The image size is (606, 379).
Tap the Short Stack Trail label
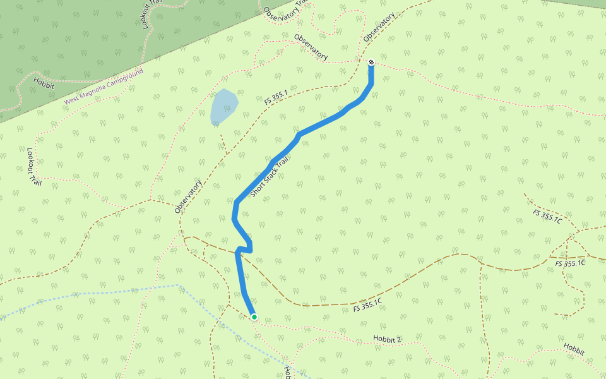(x=273, y=174)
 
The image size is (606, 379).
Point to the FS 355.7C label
(x=547, y=216)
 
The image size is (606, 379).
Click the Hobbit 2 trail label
(x=387, y=340)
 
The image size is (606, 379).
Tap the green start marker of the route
(x=254, y=317)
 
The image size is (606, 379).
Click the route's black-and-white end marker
(x=371, y=62)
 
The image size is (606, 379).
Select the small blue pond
(x=224, y=105)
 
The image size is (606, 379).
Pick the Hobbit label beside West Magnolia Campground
(x=44, y=81)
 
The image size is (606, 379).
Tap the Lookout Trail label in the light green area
(x=34, y=167)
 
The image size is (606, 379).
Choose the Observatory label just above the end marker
(x=379, y=28)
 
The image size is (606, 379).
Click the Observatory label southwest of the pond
(x=188, y=196)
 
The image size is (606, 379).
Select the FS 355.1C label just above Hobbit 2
(x=368, y=306)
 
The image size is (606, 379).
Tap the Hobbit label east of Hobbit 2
(x=574, y=349)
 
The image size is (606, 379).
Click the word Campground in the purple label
(x=124, y=80)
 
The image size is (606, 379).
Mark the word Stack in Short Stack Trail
(x=274, y=173)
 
